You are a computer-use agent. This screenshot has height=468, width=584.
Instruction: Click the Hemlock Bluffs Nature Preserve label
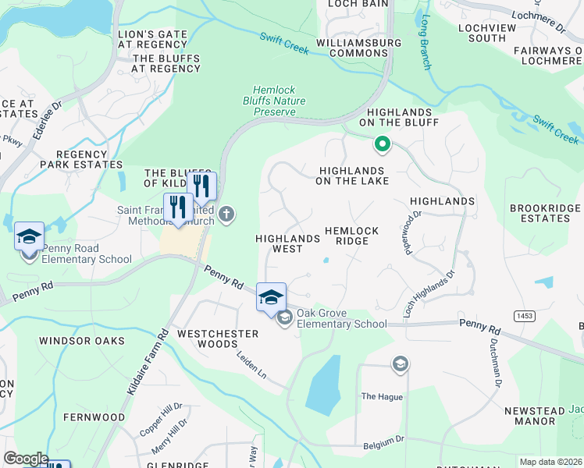(279, 101)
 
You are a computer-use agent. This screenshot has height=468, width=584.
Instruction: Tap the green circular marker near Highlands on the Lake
(382, 144)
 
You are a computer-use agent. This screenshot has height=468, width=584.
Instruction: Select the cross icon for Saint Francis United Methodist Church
(226, 214)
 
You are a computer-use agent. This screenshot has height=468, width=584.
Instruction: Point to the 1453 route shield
(523, 314)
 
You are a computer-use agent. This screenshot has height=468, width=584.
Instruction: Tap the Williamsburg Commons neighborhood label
(353, 48)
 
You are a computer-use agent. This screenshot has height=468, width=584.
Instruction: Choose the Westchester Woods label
(217, 339)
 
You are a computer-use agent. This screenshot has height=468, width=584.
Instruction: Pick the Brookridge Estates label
(545, 213)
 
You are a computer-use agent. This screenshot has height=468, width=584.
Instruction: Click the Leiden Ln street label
(251, 364)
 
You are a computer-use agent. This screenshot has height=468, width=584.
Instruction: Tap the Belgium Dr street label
(383, 445)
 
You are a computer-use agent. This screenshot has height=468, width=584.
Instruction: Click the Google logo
(26, 459)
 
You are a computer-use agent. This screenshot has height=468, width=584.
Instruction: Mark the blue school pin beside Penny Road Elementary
(29, 236)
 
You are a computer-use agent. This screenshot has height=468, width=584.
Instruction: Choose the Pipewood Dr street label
(410, 232)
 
